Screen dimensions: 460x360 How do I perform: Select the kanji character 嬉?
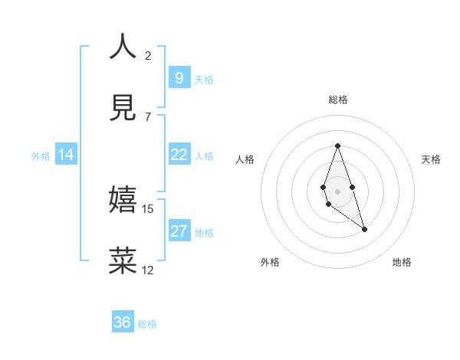pos(123,200)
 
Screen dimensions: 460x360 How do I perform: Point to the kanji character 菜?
pos(123,260)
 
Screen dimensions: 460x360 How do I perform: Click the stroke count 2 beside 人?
pos(148,55)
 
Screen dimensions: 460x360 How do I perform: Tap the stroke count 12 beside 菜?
pos(148,270)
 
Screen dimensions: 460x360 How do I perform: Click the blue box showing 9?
pos(179,77)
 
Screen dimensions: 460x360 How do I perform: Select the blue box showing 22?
pos(179,155)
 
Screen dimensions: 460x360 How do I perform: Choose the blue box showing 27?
pos(179,231)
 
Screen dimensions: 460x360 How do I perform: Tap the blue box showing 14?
pos(65,155)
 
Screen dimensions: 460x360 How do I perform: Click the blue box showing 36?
pos(123,322)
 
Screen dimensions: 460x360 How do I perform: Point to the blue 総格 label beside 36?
pos(147,324)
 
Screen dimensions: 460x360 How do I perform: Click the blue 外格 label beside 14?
pos(41,156)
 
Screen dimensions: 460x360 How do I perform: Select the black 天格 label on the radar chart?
pos(431,159)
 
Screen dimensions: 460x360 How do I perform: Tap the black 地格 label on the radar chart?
pos(402,262)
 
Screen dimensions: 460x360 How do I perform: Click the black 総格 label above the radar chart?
pos(337,100)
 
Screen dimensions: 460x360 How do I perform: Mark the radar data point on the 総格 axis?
pos(337,146)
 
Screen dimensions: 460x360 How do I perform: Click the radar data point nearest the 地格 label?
pos(364,229)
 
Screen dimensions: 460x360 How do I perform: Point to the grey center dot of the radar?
pos(337,191)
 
